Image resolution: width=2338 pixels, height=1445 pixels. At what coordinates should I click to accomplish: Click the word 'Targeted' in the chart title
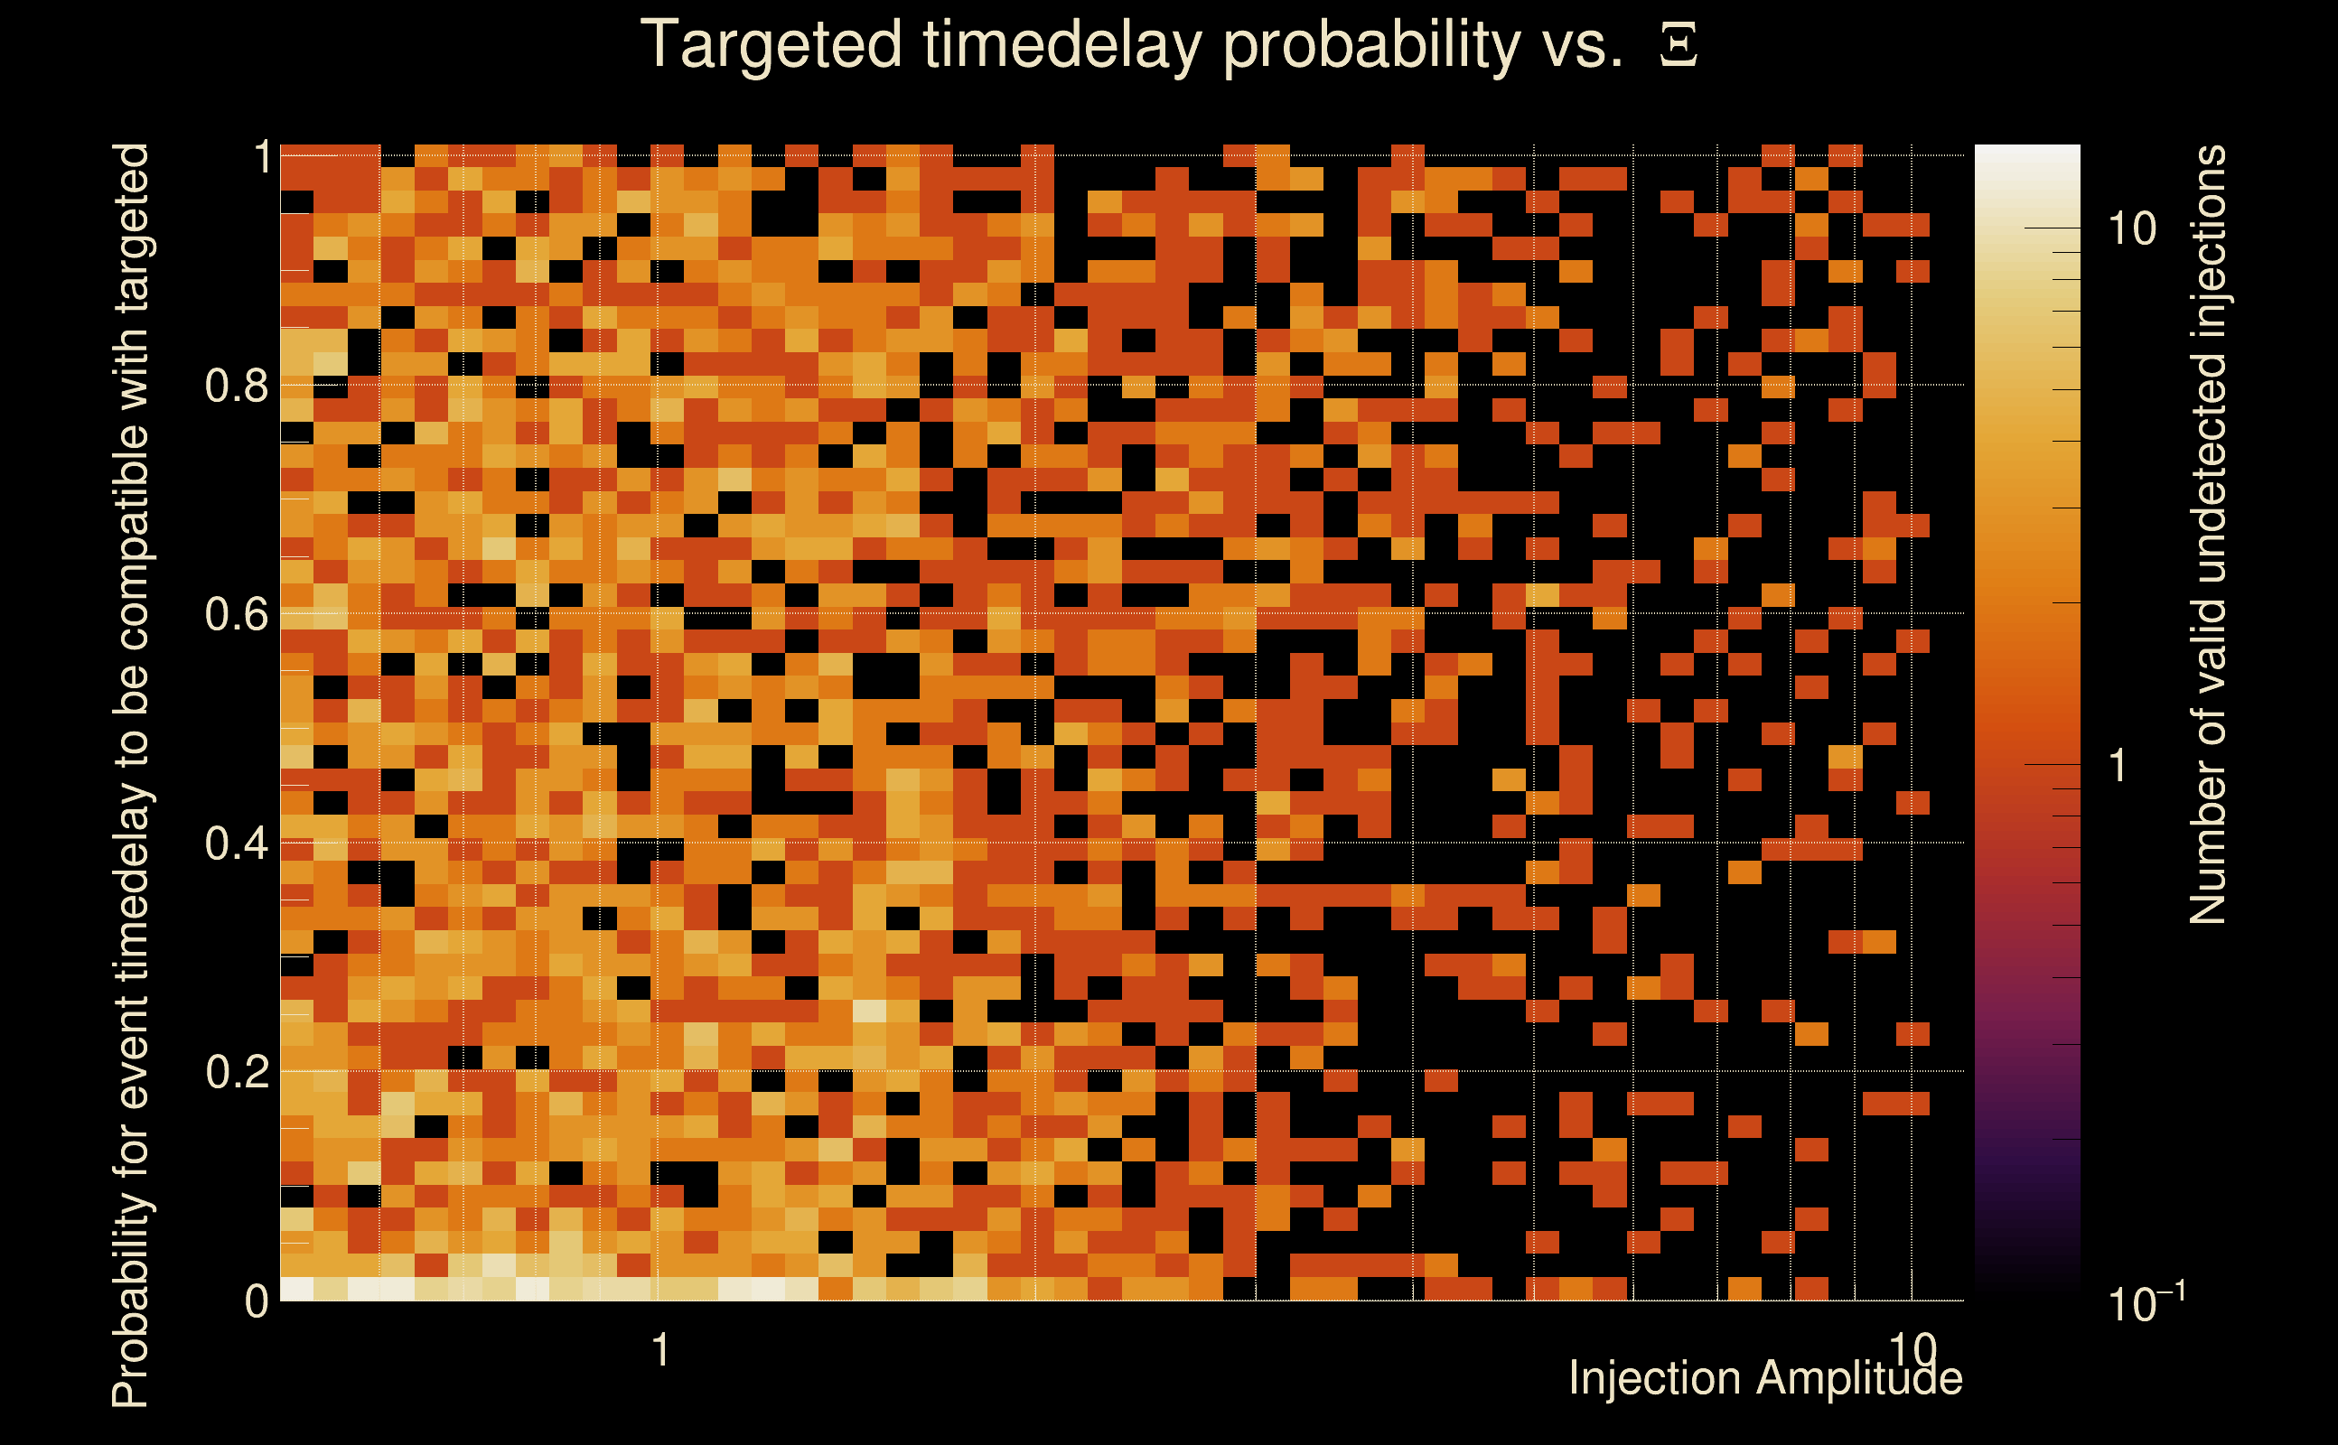coord(771,46)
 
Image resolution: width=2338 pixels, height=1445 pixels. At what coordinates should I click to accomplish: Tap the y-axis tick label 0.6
coord(237,613)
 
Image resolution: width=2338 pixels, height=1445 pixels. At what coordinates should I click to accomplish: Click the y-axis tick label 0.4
coord(237,843)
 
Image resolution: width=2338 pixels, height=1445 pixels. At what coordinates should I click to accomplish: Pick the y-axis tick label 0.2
coord(237,1071)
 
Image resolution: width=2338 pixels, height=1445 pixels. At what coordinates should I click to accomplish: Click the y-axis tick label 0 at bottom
coord(257,1300)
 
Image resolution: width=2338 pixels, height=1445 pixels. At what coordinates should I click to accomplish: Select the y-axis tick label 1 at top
coord(262,157)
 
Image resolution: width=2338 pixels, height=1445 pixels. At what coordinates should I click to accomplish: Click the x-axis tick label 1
coord(659,1350)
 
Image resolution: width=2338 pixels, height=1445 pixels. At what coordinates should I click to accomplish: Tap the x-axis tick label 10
coord(1912,1350)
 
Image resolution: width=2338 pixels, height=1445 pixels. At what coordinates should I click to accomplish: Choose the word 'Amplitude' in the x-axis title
coord(1860,1378)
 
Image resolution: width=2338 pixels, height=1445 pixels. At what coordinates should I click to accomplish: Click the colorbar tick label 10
coord(2131,228)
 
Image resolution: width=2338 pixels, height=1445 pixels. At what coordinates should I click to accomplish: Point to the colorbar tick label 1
coord(2118,766)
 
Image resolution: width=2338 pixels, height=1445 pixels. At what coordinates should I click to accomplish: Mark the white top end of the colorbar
coord(2027,147)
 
